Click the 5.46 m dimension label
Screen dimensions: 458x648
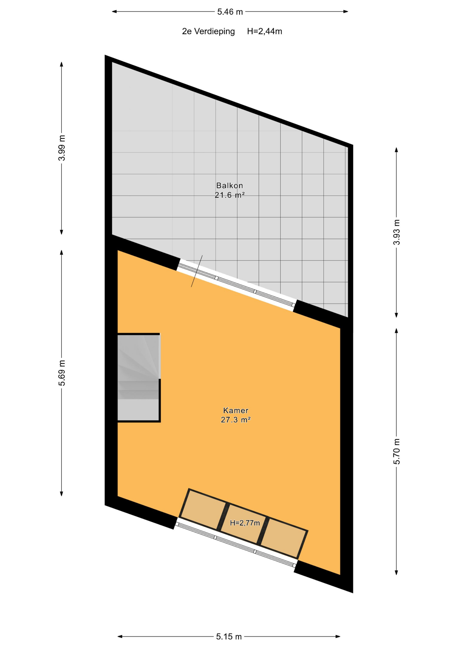pos(230,12)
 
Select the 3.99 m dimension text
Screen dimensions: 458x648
pos(62,148)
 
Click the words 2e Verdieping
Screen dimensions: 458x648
pos(208,31)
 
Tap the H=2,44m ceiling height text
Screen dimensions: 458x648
pos(264,31)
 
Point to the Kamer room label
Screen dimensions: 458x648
pos(236,410)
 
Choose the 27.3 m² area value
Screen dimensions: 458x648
pos(236,420)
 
